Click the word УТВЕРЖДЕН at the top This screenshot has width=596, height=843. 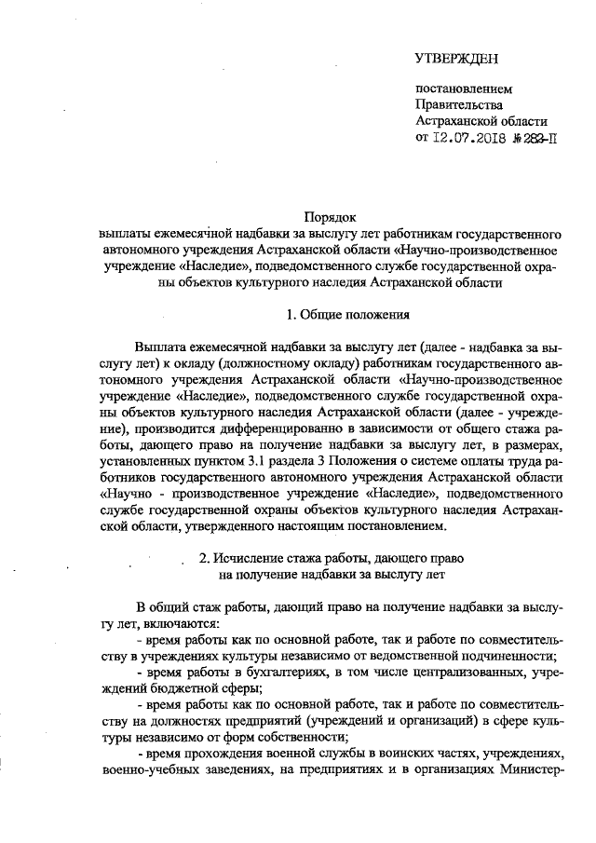pos(456,60)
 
